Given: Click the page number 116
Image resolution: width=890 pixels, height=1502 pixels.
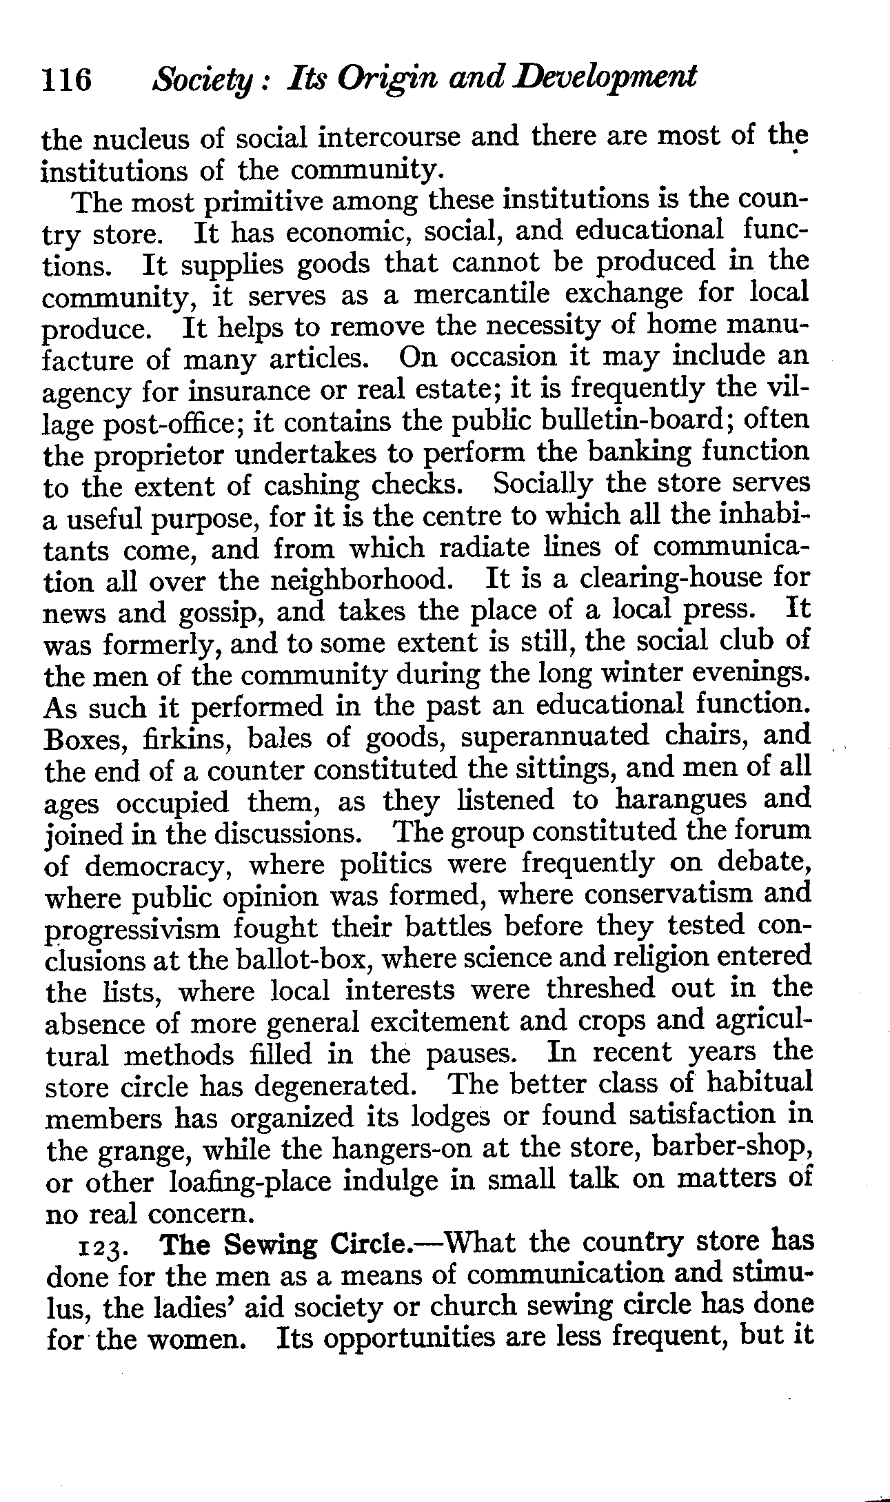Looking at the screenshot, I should [67, 80].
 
